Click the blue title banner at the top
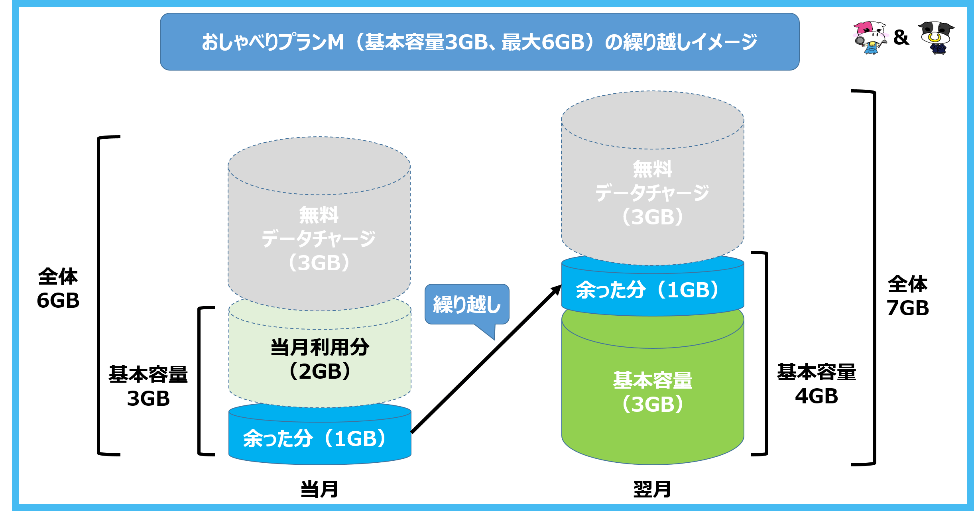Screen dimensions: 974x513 479,42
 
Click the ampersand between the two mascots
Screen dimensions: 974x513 901,37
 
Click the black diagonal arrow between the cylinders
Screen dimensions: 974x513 486,359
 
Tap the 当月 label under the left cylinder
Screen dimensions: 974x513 319,489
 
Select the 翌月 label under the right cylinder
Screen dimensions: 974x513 652,489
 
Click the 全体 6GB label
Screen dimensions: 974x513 58,288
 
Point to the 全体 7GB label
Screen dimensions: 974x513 908,296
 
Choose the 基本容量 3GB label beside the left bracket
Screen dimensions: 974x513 148,386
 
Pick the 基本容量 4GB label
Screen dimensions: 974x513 817,384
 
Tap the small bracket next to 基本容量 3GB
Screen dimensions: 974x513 199,381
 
